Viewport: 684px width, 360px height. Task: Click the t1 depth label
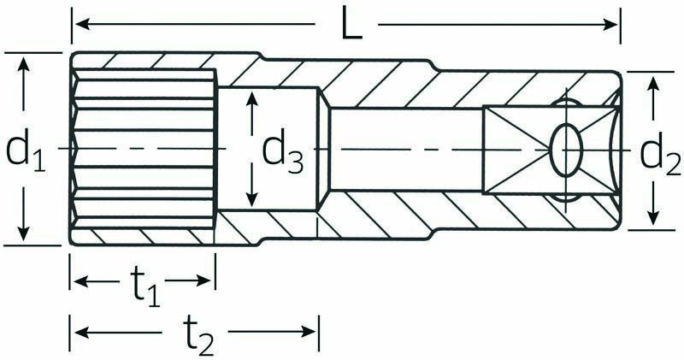(x=145, y=287)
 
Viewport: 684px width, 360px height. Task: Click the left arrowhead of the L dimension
(x=83, y=25)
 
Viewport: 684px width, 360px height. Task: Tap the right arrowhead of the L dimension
(x=609, y=25)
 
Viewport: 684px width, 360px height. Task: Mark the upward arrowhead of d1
(x=25, y=64)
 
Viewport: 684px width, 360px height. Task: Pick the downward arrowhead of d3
(x=251, y=198)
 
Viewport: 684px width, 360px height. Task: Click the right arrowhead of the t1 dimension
(x=203, y=281)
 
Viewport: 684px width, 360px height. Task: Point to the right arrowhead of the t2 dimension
(x=307, y=332)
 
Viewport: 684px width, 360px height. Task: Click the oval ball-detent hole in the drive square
(x=566, y=150)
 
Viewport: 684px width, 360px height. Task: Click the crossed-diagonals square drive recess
(x=551, y=150)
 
